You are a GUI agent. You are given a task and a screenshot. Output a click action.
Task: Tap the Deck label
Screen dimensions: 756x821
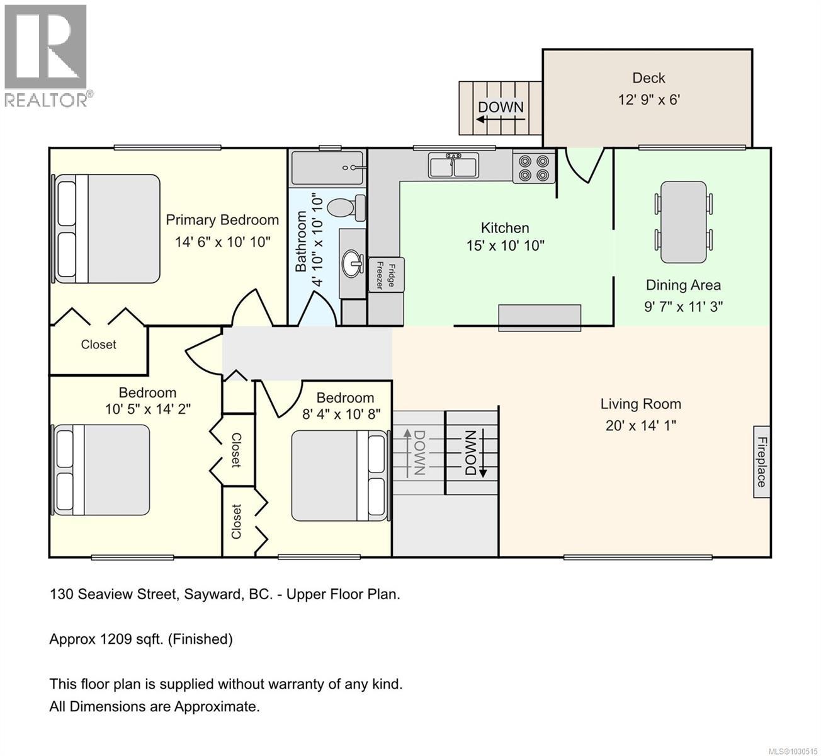pyautogui.click(x=648, y=78)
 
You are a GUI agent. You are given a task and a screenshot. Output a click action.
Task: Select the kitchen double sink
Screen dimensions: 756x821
pyautogui.click(x=453, y=166)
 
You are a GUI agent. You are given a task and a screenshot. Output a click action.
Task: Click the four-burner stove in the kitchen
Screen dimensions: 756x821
pyautogui.click(x=534, y=167)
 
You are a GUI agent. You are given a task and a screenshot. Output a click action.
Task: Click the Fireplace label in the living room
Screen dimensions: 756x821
pyautogui.click(x=761, y=462)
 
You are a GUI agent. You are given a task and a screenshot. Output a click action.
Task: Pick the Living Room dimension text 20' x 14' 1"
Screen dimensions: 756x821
pyautogui.click(x=640, y=425)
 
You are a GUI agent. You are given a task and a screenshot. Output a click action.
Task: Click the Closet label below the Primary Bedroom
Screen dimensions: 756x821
pyautogui.click(x=99, y=345)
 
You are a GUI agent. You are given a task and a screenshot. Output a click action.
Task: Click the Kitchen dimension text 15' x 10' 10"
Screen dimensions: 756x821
pyautogui.click(x=505, y=246)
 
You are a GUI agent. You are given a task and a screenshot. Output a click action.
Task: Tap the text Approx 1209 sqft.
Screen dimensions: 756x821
pyautogui.click(x=141, y=639)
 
